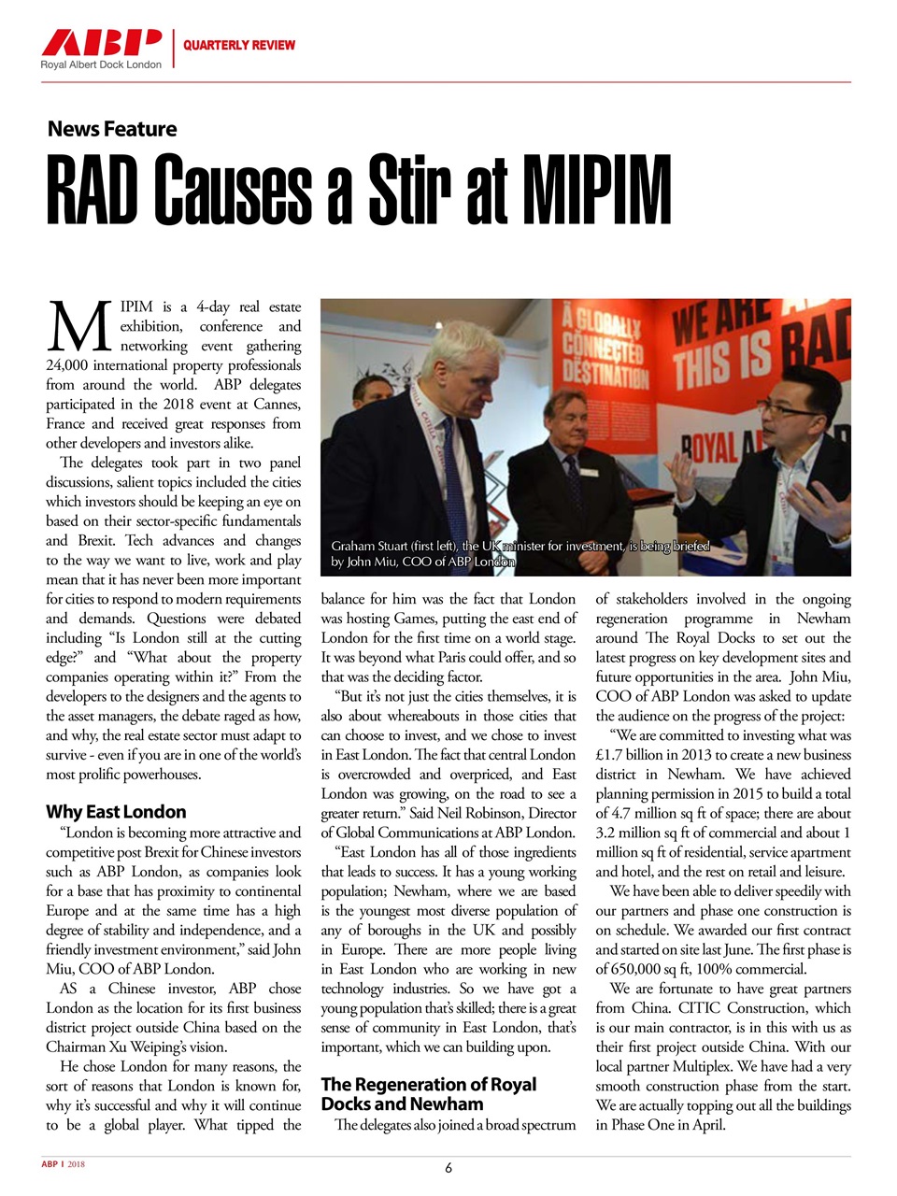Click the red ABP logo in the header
click(101, 43)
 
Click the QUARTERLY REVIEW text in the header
click(239, 45)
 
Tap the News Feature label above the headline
click(112, 129)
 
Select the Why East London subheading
click(116, 811)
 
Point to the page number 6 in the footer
click(448, 1167)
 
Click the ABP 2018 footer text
click(63, 1164)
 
